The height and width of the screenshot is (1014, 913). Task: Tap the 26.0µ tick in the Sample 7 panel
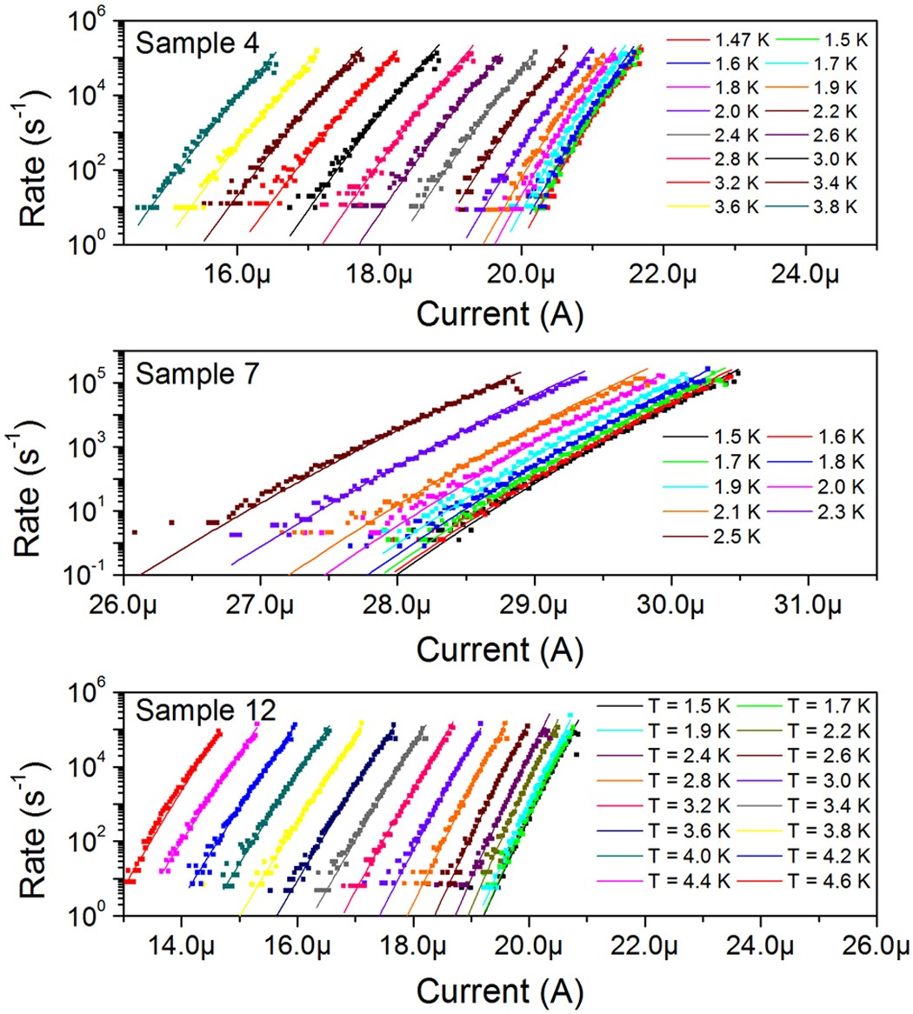click(x=123, y=602)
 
